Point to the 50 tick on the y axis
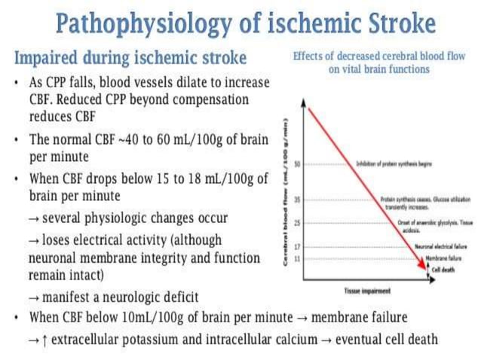pos(297,163)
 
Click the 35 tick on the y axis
pos(297,200)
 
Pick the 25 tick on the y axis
pos(297,224)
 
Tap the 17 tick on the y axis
pos(297,246)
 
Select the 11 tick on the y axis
pos(297,258)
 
